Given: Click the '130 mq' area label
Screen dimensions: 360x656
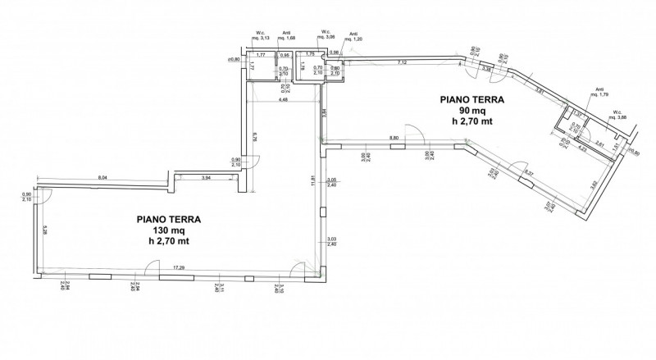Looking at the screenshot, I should (x=168, y=231).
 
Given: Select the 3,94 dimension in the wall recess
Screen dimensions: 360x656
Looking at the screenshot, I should (x=207, y=177).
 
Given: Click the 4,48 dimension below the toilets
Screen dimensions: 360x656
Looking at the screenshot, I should (x=283, y=100).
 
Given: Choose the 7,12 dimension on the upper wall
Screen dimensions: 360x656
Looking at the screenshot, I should (x=402, y=63).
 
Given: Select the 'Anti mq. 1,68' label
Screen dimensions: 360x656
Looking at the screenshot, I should (x=286, y=36).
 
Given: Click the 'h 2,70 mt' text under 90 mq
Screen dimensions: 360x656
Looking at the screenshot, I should (x=471, y=122).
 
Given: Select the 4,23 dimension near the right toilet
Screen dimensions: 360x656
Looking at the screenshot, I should (x=582, y=149).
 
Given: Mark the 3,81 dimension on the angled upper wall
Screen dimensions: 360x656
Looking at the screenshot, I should (x=539, y=90).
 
